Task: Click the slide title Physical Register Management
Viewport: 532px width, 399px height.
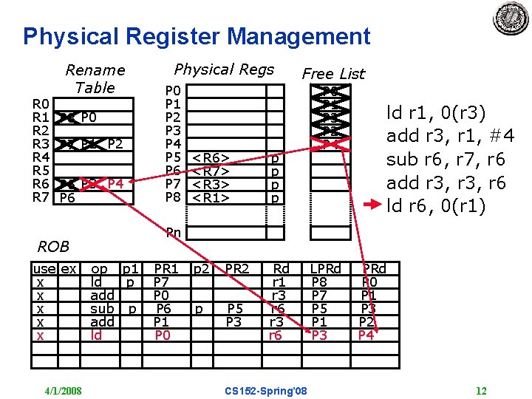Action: click(197, 36)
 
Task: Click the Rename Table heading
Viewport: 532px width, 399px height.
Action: click(95, 78)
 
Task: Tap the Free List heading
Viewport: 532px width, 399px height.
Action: click(333, 73)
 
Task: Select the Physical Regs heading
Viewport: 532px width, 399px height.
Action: click(224, 69)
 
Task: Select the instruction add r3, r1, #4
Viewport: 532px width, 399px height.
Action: click(450, 136)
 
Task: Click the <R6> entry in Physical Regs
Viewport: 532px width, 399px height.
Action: click(210, 157)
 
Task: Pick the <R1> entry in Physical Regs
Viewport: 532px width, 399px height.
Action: click(210, 198)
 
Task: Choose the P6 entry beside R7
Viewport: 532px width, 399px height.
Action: click(67, 197)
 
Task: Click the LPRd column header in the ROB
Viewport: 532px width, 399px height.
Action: click(326, 269)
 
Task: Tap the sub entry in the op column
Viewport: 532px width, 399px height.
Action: click(101, 308)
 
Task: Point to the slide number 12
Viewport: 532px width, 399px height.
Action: click(482, 390)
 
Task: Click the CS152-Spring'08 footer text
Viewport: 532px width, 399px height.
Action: click(267, 390)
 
